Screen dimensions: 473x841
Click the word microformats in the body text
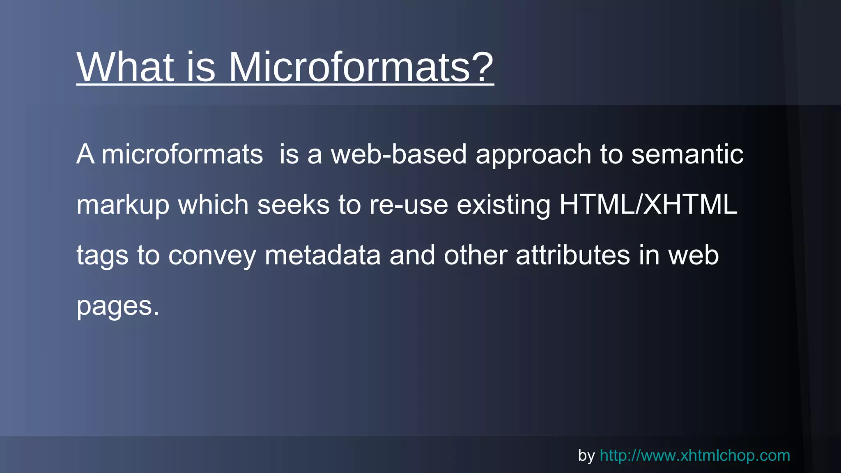(182, 154)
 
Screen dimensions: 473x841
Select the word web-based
(399, 154)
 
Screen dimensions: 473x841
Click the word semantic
(687, 154)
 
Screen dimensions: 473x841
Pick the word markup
(123, 205)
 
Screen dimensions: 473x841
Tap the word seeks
(293, 205)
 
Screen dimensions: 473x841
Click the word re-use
(408, 205)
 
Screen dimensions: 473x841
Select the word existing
(503, 205)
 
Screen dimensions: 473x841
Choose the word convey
(212, 256)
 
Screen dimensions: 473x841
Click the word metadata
(322, 255)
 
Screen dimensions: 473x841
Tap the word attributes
(572, 255)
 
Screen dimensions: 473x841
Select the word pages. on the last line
(117, 306)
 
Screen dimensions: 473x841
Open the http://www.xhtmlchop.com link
(695, 455)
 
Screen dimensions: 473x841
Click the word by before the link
(586, 456)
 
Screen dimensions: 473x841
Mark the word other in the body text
(475, 255)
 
